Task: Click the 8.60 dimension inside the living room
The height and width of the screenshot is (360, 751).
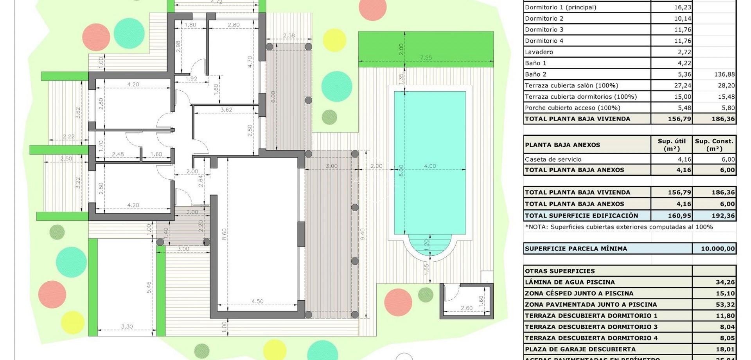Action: [x=224, y=234]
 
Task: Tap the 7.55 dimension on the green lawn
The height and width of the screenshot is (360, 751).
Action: [x=426, y=58]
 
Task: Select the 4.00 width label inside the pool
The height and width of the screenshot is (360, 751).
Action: [x=430, y=166]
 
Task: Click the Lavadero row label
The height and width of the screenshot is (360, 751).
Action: [x=539, y=52]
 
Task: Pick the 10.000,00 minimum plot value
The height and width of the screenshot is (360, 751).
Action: [x=718, y=248]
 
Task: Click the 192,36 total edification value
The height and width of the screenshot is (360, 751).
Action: [x=724, y=216]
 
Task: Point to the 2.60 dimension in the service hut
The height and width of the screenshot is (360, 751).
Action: [x=466, y=308]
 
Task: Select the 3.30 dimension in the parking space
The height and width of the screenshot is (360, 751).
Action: [x=127, y=326]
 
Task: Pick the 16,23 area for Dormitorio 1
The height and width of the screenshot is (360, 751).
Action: [x=683, y=7]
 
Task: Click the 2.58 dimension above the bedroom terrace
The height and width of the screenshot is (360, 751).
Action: [x=289, y=36]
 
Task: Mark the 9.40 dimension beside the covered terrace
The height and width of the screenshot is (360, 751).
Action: [x=363, y=234]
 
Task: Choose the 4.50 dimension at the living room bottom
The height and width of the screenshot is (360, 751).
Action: [x=257, y=301]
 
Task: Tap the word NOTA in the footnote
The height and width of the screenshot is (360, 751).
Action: [x=537, y=227]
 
